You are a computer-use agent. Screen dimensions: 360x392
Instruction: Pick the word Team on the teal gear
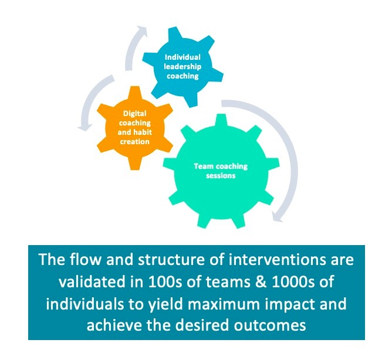[x=204, y=167]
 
